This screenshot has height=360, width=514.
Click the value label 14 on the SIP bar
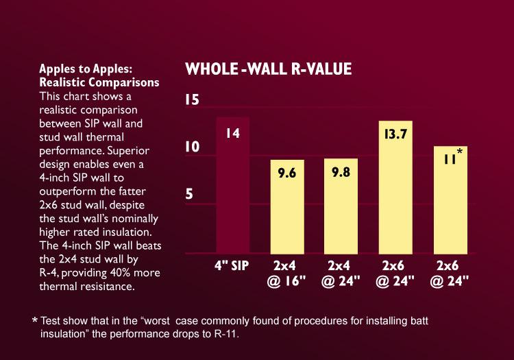point(233,134)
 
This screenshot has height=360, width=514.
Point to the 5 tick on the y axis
point(190,193)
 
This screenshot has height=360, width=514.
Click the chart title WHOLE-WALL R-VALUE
point(269,69)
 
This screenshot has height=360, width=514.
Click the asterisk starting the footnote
point(34,321)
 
